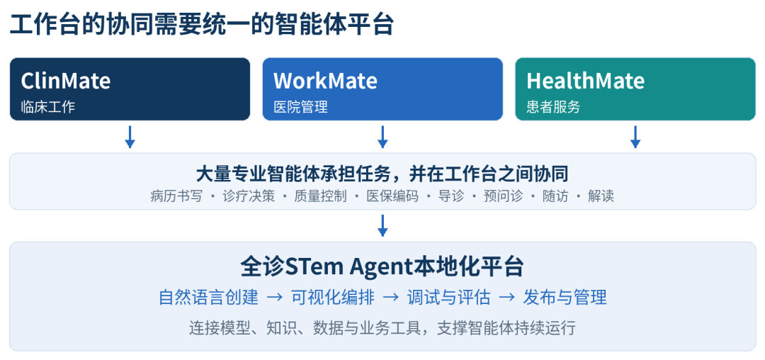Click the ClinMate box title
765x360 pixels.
click(65, 81)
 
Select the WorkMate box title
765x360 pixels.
click(325, 81)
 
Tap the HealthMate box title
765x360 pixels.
click(586, 81)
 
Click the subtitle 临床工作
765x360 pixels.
click(48, 107)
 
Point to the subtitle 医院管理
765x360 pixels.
click(300, 107)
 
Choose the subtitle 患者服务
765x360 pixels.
click(553, 107)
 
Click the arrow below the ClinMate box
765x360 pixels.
click(130, 137)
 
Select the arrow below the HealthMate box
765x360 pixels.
click(635, 137)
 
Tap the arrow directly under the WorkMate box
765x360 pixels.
click(382, 137)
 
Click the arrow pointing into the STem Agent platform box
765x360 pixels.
click(382, 225)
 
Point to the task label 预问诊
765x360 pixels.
click(503, 196)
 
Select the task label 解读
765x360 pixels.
click(601, 196)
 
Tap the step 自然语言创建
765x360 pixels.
click(209, 297)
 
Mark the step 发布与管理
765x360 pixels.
click(565, 297)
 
